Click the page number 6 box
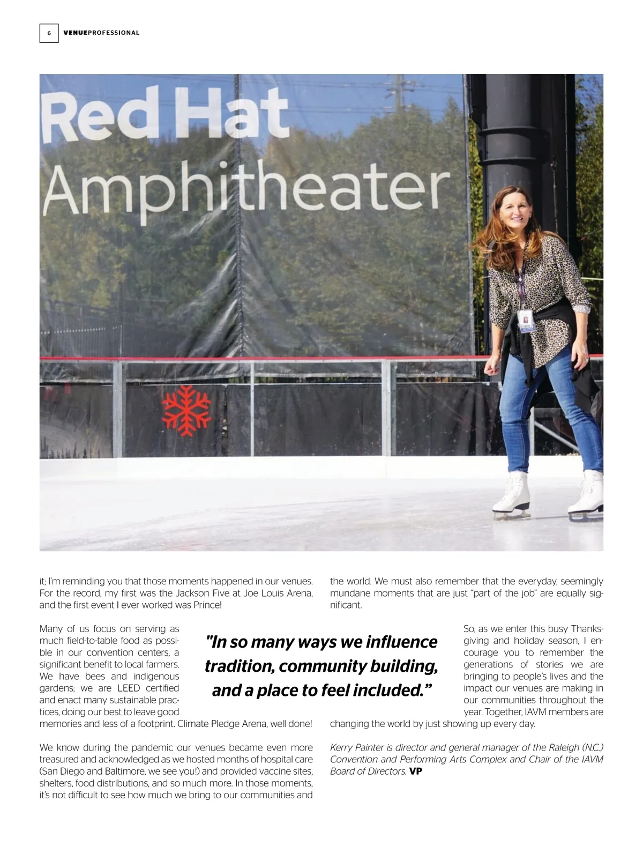tap(49, 33)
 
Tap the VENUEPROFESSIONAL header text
tap(101, 33)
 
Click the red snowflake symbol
tap(186, 410)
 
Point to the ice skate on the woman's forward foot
tap(511, 495)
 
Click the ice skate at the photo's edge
tap(587, 495)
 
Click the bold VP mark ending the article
tap(416, 771)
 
